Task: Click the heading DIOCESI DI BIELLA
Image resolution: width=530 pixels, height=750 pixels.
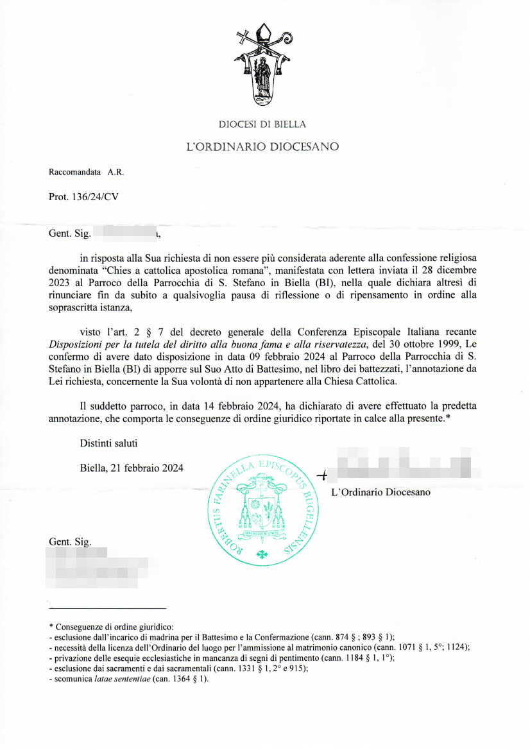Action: coord(262,124)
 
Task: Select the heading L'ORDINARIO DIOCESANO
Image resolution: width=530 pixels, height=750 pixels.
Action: coord(262,147)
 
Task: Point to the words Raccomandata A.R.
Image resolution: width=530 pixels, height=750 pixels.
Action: coord(87,172)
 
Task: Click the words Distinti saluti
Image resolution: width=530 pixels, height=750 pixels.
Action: coord(108,443)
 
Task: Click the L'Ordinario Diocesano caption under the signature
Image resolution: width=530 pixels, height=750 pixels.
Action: coord(380,493)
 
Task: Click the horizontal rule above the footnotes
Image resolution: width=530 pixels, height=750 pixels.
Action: coord(107,608)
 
